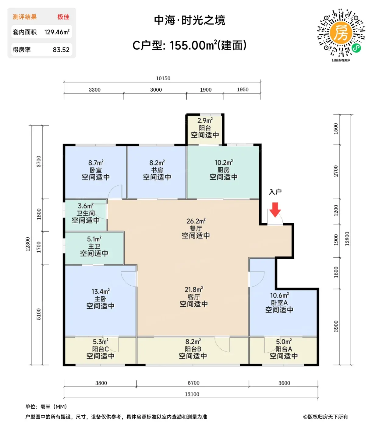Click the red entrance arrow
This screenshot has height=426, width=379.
point(275,210)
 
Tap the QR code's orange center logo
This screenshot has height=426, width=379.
point(341,33)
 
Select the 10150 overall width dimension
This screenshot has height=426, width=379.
point(163,78)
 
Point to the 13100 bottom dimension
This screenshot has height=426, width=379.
point(192,394)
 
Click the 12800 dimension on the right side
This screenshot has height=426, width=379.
point(347,239)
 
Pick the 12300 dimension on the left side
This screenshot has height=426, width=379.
point(28,244)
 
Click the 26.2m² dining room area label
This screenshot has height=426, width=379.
point(196,221)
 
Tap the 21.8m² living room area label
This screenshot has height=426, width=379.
point(194,290)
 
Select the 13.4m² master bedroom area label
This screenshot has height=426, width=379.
point(101,292)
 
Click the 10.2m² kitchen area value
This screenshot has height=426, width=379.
point(224,162)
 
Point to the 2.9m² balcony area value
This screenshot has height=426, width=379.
point(205,120)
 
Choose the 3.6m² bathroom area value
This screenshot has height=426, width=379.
point(86,206)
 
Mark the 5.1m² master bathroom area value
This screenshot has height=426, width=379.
point(94,239)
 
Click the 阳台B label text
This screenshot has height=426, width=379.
point(193,349)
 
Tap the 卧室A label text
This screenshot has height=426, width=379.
point(279,302)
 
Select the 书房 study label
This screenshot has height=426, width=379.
point(157,170)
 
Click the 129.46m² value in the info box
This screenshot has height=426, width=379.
point(57,32)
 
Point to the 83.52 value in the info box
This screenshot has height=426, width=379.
point(61,50)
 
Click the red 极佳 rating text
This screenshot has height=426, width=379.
point(63,17)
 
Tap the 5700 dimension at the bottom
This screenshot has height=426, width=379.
point(193,383)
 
